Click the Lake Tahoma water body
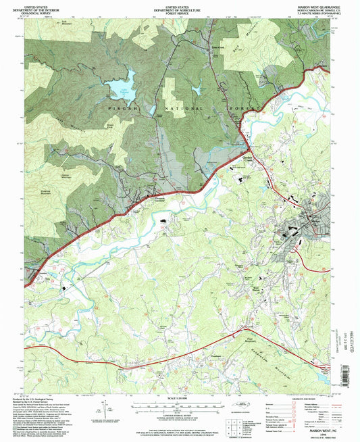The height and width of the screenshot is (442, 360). pyautogui.click(x=119, y=88)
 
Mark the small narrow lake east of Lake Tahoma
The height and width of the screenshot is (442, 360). pyautogui.click(x=197, y=89)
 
